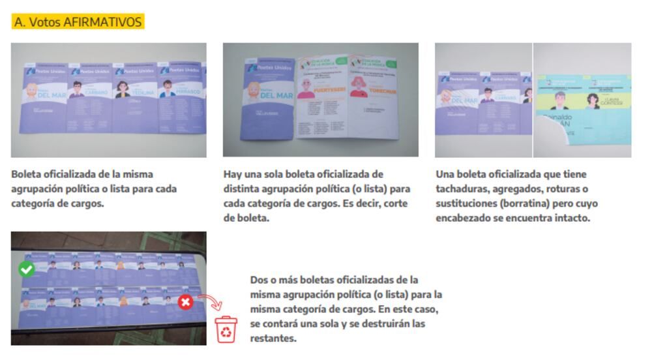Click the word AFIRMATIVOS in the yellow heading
coord(102,22)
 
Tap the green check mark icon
coord(25,269)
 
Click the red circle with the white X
coord(185,302)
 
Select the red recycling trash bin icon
coord(226,330)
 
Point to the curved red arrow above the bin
coord(209,302)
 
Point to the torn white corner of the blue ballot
coord(546,143)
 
